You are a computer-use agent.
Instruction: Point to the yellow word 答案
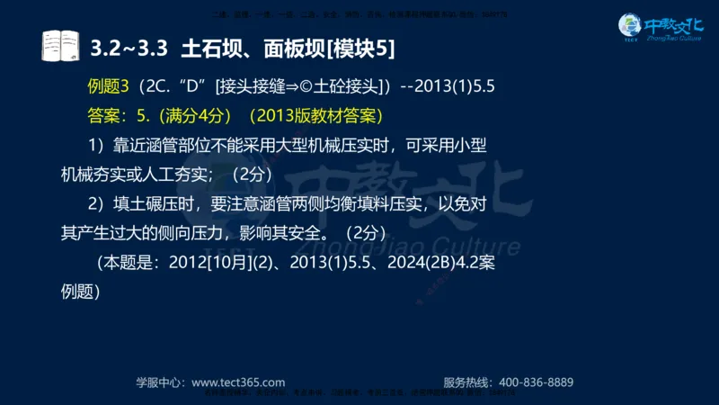pos(104,116)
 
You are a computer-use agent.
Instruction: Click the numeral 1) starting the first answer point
pos(97,145)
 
